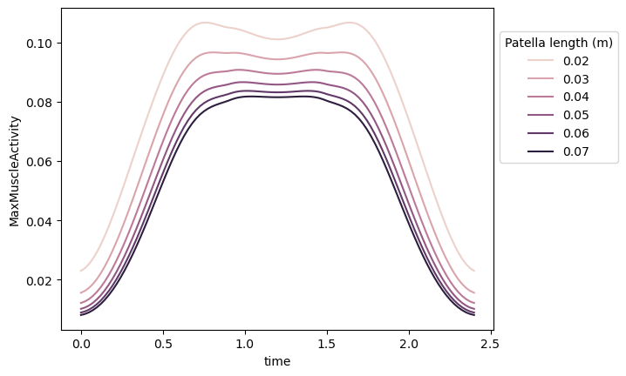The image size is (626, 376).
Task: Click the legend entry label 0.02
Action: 575,60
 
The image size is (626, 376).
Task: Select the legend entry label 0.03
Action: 575,78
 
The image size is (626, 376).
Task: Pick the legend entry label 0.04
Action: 575,97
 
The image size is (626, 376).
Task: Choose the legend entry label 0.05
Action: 575,115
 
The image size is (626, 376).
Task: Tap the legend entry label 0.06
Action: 575,133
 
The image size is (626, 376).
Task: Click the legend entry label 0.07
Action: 575,151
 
